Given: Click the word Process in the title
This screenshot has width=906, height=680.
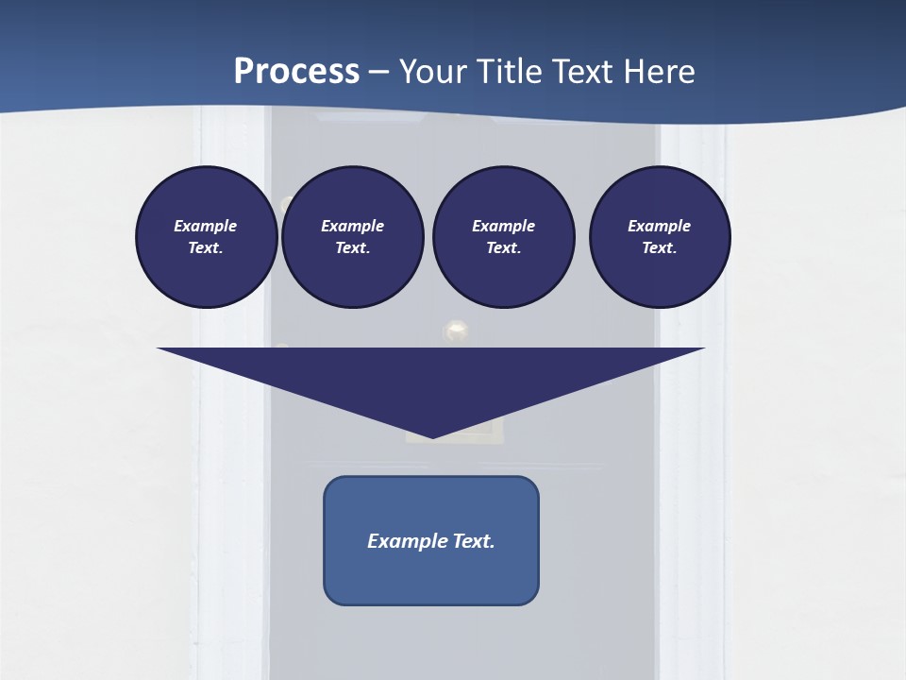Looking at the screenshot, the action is (x=296, y=72).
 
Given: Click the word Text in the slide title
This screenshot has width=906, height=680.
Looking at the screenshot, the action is (x=583, y=72).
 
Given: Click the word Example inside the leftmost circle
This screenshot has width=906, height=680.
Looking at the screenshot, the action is (x=206, y=226).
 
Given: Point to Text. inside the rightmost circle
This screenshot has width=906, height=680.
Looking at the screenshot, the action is (x=660, y=247).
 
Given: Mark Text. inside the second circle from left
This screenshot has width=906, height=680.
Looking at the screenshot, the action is (x=353, y=247).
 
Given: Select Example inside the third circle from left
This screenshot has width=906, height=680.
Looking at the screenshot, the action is (x=503, y=226).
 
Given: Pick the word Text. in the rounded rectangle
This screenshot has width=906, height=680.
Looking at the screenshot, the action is (x=474, y=541).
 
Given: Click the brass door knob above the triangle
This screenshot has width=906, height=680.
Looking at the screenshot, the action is (x=457, y=331).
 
